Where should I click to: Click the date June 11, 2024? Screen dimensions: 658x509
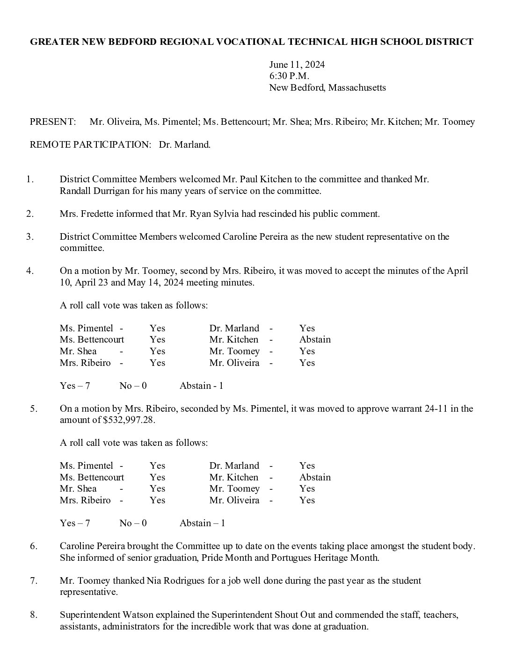click(x=297, y=64)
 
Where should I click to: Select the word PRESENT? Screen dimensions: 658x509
click(x=52, y=122)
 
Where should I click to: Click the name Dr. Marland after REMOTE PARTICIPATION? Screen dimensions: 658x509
click(x=184, y=145)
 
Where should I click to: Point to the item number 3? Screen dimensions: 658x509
click(x=30, y=236)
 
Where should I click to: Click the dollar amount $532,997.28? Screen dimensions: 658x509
click(x=129, y=420)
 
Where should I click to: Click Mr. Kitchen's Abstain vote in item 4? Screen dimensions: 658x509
click(x=315, y=340)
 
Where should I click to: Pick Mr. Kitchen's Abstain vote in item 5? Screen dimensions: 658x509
click(x=315, y=477)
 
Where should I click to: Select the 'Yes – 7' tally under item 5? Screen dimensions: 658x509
click(x=75, y=523)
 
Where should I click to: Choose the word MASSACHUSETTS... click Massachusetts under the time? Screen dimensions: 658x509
click(x=357, y=87)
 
